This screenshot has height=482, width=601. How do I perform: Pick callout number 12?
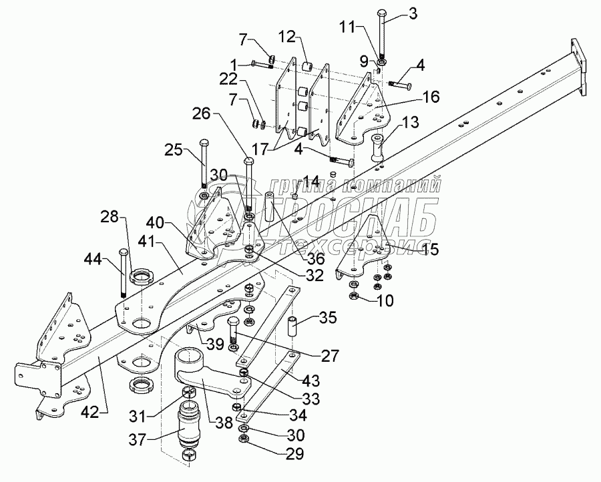coord(285,35)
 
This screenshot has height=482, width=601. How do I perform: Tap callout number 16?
coord(431,97)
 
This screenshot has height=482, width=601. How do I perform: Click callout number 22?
coord(230,79)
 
